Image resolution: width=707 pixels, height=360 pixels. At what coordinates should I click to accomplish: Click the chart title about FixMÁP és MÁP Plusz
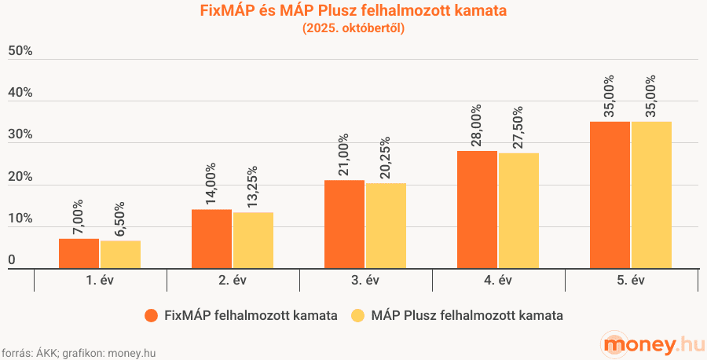[353, 11]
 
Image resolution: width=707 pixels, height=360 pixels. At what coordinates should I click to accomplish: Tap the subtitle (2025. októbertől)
[353, 29]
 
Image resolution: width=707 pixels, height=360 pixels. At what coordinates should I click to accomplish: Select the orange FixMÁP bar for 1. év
[79, 253]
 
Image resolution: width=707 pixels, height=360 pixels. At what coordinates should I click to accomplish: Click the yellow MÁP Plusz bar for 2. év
[253, 240]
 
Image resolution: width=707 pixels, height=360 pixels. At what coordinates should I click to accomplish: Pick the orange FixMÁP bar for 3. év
[344, 224]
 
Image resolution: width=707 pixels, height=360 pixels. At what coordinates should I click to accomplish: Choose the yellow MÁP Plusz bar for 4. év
[518, 211]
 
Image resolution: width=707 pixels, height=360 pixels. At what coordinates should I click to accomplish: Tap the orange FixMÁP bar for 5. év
[610, 195]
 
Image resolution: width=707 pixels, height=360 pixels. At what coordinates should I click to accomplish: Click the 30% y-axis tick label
[20, 135]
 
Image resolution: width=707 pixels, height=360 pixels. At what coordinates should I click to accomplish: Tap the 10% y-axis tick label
[20, 219]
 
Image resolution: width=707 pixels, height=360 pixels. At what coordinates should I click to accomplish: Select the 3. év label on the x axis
[365, 281]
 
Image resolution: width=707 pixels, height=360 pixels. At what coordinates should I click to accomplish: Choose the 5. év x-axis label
[631, 281]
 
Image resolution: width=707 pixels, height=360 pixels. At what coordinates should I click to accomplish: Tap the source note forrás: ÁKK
[78, 353]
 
